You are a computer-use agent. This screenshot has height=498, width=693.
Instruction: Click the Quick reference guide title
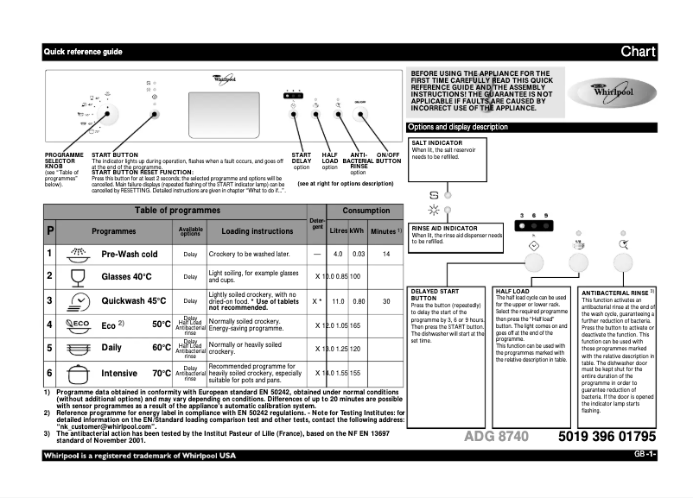[83, 52]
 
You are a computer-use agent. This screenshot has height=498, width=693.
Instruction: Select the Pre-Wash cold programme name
[129, 255]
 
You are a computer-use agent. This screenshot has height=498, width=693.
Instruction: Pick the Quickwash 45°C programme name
[134, 301]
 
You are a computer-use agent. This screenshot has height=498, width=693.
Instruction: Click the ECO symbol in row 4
[79, 325]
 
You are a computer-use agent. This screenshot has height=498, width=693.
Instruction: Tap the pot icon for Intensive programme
[78, 374]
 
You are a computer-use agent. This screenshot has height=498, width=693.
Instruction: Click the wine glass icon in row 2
[78, 276]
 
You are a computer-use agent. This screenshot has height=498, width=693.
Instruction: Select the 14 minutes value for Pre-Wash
[386, 254]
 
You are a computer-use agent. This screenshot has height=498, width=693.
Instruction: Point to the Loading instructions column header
[257, 231]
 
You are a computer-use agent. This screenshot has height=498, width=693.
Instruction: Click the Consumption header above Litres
[366, 211]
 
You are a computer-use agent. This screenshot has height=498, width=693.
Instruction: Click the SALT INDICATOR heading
[436, 143]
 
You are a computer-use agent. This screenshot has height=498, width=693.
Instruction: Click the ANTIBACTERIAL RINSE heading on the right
[616, 293]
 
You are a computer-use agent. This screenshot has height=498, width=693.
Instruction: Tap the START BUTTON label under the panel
[114, 154]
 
